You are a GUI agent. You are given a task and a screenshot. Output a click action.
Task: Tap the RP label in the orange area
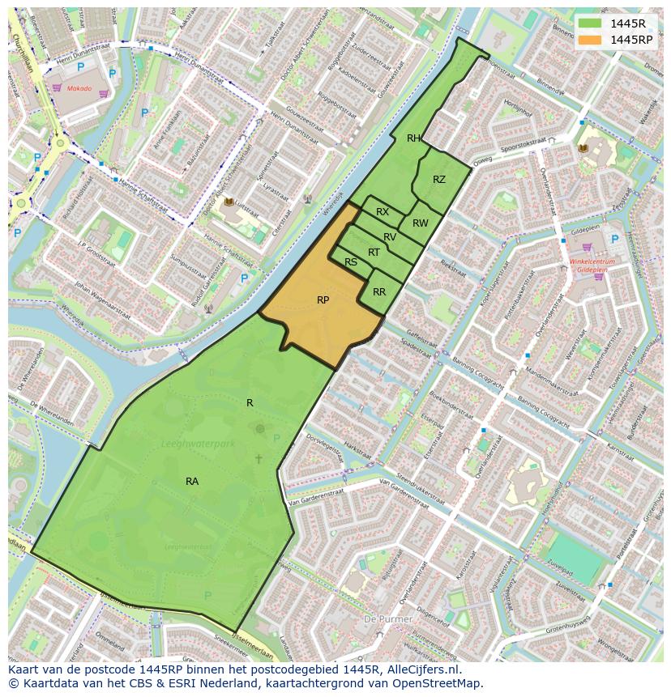tap(323, 300)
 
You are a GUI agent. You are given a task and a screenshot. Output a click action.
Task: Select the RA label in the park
tap(192, 482)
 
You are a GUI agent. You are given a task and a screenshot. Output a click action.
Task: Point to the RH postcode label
tap(413, 138)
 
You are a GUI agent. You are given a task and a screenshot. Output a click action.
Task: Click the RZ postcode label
tap(438, 180)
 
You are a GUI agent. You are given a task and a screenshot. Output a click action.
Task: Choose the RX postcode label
tap(383, 212)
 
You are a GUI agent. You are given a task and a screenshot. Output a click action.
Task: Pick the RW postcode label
tap(420, 223)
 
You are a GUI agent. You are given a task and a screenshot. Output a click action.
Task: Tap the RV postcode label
tap(390, 237)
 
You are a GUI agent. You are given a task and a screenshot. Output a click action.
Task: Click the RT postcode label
tap(374, 253)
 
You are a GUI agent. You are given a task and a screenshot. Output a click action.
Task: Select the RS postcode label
tap(351, 262)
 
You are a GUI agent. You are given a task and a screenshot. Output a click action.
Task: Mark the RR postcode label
tap(378, 292)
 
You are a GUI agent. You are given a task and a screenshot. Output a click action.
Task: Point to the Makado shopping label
tap(79, 88)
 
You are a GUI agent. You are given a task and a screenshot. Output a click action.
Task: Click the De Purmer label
tap(389, 618)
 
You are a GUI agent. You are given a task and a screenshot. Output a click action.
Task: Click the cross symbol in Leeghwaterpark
tap(259, 459)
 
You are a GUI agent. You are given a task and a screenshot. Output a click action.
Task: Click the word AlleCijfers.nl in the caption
tap(421, 669)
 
